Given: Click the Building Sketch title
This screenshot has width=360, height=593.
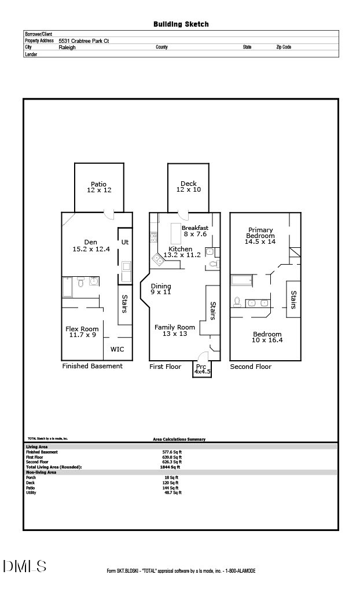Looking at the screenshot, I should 181,24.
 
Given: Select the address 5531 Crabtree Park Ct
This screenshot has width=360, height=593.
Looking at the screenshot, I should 83,41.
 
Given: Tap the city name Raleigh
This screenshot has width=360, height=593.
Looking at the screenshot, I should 67,47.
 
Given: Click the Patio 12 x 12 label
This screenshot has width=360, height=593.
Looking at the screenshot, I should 99,187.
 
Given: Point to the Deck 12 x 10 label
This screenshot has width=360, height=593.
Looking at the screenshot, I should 188,186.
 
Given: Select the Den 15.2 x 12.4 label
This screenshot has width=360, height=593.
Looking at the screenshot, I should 90,246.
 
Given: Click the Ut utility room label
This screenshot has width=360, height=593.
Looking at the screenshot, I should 124,242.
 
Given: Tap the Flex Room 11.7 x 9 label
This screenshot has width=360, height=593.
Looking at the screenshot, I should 82,331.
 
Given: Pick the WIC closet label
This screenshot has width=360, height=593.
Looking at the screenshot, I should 117,349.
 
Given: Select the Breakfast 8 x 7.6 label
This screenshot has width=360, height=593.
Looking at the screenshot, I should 195,231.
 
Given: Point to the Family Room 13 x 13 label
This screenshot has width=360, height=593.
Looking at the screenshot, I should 175,331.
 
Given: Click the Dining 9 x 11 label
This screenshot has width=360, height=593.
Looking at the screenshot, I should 161,289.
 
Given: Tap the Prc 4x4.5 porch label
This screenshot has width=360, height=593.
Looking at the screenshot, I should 202,369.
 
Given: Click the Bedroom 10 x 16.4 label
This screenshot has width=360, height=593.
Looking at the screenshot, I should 267,337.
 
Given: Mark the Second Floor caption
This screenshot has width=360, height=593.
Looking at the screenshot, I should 251,367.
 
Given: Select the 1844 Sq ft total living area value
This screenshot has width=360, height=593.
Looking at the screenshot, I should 170,467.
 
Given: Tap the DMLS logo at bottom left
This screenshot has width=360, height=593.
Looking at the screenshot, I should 24,566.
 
